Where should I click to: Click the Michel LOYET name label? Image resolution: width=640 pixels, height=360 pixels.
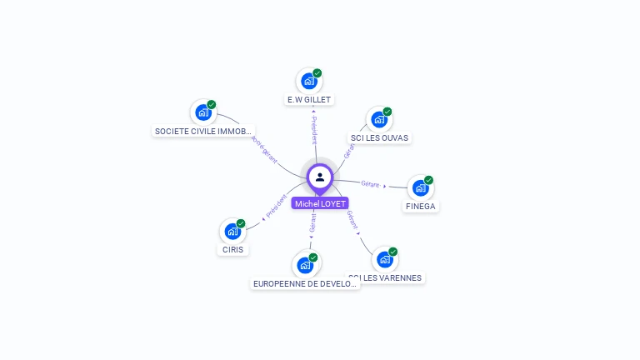(x=320, y=203)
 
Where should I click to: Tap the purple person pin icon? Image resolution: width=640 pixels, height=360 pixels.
(x=320, y=177)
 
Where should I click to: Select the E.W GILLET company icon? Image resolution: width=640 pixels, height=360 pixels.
(x=309, y=82)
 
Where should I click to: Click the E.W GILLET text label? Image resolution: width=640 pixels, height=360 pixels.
(x=309, y=100)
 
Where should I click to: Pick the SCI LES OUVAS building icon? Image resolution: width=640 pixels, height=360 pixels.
(x=379, y=120)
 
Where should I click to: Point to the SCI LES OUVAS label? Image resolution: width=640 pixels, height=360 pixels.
(x=380, y=137)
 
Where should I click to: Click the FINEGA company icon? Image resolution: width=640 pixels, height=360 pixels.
(x=420, y=188)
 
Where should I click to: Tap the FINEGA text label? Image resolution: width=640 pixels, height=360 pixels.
(x=421, y=206)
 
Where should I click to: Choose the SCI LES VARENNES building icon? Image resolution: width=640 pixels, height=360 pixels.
(x=384, y=260)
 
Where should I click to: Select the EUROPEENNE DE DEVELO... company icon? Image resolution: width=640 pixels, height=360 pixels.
(x=306, y=266)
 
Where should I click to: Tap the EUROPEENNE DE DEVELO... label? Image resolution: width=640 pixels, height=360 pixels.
(x=306, y=283)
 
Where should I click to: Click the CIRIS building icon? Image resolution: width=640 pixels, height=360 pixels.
(x=232, y=232)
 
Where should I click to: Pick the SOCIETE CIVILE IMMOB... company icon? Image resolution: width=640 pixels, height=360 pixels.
(x=202, y=112)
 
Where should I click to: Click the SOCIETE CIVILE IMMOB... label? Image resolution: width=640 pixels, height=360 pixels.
(x=203, y=131)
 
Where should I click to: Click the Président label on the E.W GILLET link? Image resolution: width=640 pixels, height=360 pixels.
(x=313, y=132)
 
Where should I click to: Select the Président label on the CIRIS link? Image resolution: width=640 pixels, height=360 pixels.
(x=276, y=207)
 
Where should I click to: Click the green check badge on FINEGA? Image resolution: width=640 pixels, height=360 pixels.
(x=428, y=180)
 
